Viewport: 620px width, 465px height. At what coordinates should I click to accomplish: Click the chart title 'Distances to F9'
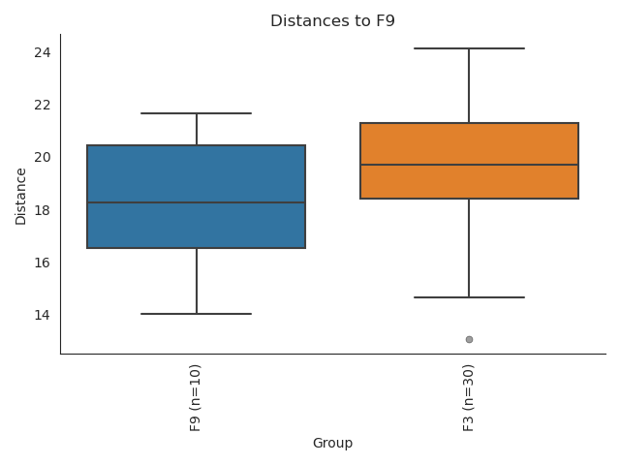click(332, 20)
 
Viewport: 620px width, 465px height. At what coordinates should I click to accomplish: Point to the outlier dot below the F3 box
click(469, 339)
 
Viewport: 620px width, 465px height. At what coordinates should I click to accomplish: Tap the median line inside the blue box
click(197, 202)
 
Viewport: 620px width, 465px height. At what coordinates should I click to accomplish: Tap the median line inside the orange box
click(469, 165)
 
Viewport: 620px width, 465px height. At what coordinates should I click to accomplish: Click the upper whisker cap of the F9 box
click(197, 113)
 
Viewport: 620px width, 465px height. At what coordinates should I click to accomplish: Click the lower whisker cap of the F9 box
click(197, 314)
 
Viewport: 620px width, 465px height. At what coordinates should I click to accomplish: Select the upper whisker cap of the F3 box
click(469, 47)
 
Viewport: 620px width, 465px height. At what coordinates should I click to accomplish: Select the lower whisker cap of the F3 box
click(469, 297)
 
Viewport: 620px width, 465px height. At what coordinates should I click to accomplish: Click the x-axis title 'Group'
click(332, 444)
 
